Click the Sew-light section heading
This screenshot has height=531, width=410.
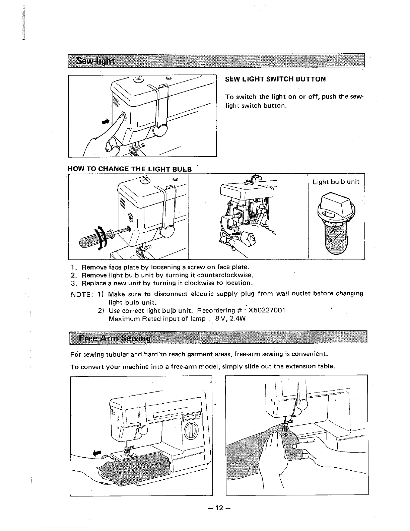pyautogui.click(x=95, y=62)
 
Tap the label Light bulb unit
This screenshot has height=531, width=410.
pyautogui.click(x=336, y=182)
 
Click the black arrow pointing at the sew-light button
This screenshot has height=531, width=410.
pyautogui.click(x=106, y=121)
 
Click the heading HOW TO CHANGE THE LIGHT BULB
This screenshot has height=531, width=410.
pyautogui.click(x=130, y=169)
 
